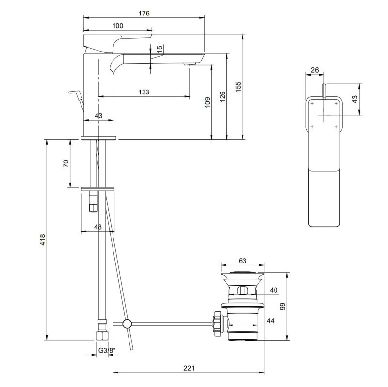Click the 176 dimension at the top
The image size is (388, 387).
click(144, 13)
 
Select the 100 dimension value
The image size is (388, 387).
click(117, 26)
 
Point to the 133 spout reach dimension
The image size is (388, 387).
click(144, 92)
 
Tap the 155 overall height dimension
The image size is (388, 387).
click(238, 86)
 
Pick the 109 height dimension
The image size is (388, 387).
click(207, 101)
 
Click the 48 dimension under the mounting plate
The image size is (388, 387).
click(98, 227)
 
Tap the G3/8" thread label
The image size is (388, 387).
click(103, 350)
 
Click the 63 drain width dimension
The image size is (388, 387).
click(242, 261)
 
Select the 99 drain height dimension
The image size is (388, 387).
click(283, 306)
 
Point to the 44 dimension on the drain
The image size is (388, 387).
click(270, 321)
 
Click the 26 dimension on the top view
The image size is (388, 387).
click(314, 70)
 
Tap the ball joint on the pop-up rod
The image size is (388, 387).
click(127, 324)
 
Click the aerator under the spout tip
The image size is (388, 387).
click(190, 64)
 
